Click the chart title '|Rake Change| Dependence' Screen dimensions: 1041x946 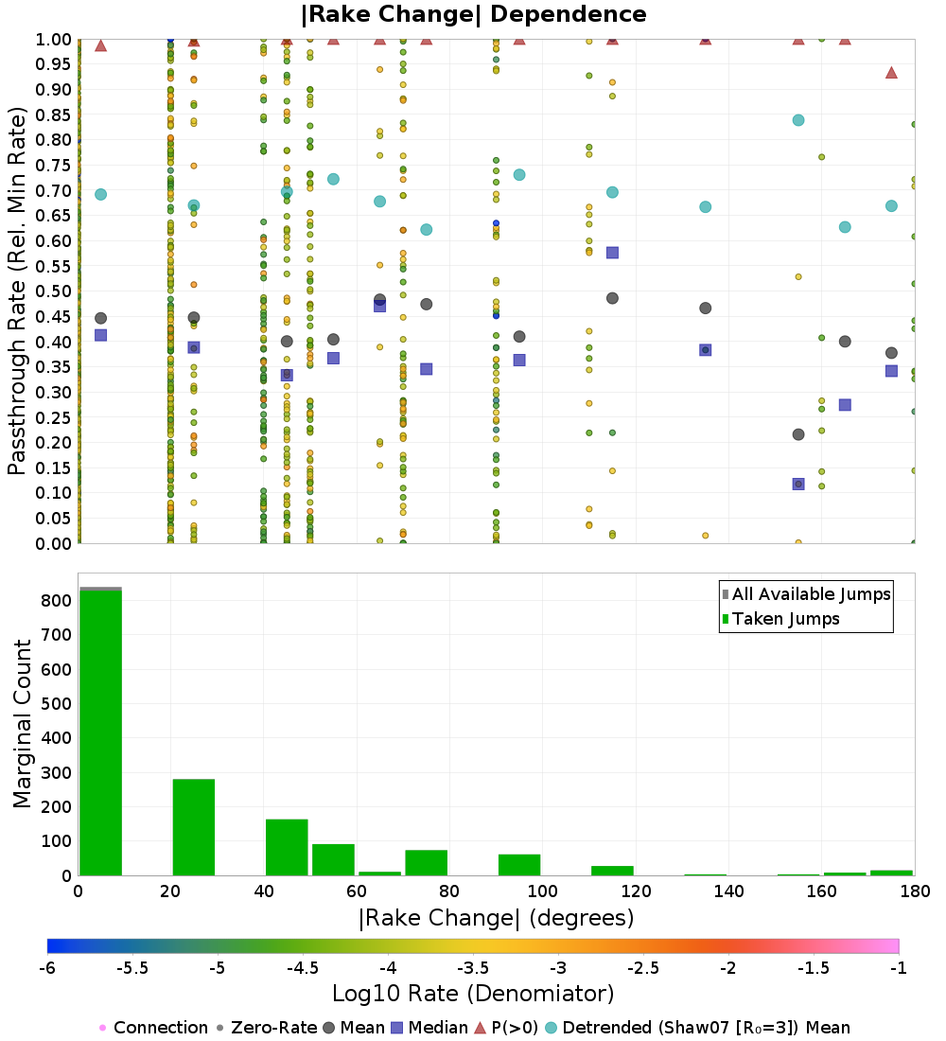474,14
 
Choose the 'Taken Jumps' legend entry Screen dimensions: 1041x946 781,619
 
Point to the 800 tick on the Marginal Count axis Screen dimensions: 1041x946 55,601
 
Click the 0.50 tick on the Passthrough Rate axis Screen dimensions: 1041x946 55,291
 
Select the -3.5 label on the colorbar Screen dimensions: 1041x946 473,967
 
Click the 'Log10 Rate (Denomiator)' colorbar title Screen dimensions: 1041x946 473,994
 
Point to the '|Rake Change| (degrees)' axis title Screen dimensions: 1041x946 496,918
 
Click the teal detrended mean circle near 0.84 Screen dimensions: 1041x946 798,120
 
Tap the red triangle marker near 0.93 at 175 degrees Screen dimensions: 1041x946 891,73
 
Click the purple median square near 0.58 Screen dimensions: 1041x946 612,253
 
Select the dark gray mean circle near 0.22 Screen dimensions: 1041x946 798,434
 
